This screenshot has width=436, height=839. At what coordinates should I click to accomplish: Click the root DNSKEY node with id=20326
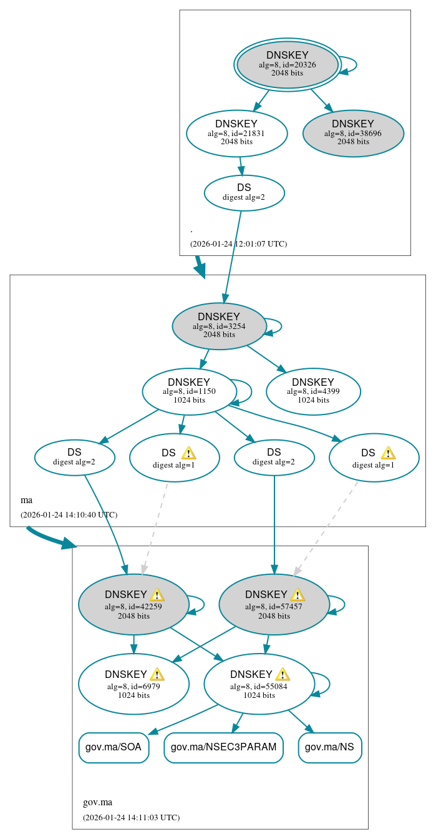(x=287, y=64)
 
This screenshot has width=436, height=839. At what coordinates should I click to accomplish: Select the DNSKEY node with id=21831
(x=236, y=133)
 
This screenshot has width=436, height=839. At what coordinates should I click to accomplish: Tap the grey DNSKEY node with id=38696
(x=353, y=133)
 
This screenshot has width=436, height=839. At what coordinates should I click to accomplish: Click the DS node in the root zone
(x=244, y=192)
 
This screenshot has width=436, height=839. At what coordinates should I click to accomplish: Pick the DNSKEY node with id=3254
(x=219, y=326)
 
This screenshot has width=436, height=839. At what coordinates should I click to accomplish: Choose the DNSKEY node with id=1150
(x=189, y=391)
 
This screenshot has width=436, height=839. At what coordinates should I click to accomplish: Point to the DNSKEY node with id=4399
(x=313, y=391)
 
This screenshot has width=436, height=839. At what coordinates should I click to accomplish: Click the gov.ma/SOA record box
(x=114, y=747)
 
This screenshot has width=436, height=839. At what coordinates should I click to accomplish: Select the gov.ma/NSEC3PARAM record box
(x=223, y=747)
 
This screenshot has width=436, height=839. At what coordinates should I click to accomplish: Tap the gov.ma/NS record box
(x=330, y=747)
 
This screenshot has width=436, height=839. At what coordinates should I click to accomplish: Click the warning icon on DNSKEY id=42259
(x=157, y=594)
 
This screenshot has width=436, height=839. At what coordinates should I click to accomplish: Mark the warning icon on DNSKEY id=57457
(x=298, y=594)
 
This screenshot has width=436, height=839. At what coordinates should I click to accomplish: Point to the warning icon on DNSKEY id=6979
(x=157, y=674)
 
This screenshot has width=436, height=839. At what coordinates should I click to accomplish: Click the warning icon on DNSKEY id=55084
(x=283, y=674)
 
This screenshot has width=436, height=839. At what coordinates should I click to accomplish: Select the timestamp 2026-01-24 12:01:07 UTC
(x=238, y=243)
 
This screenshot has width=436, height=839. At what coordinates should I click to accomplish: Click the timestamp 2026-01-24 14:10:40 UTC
(x=69, y=514)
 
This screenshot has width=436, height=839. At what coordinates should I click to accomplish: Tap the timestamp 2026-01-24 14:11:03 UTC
(x=131, y=817)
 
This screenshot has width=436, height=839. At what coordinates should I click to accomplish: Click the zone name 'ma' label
(x=26, y=500)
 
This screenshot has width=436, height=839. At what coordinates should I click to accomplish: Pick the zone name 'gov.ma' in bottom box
(x=97, y=802)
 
